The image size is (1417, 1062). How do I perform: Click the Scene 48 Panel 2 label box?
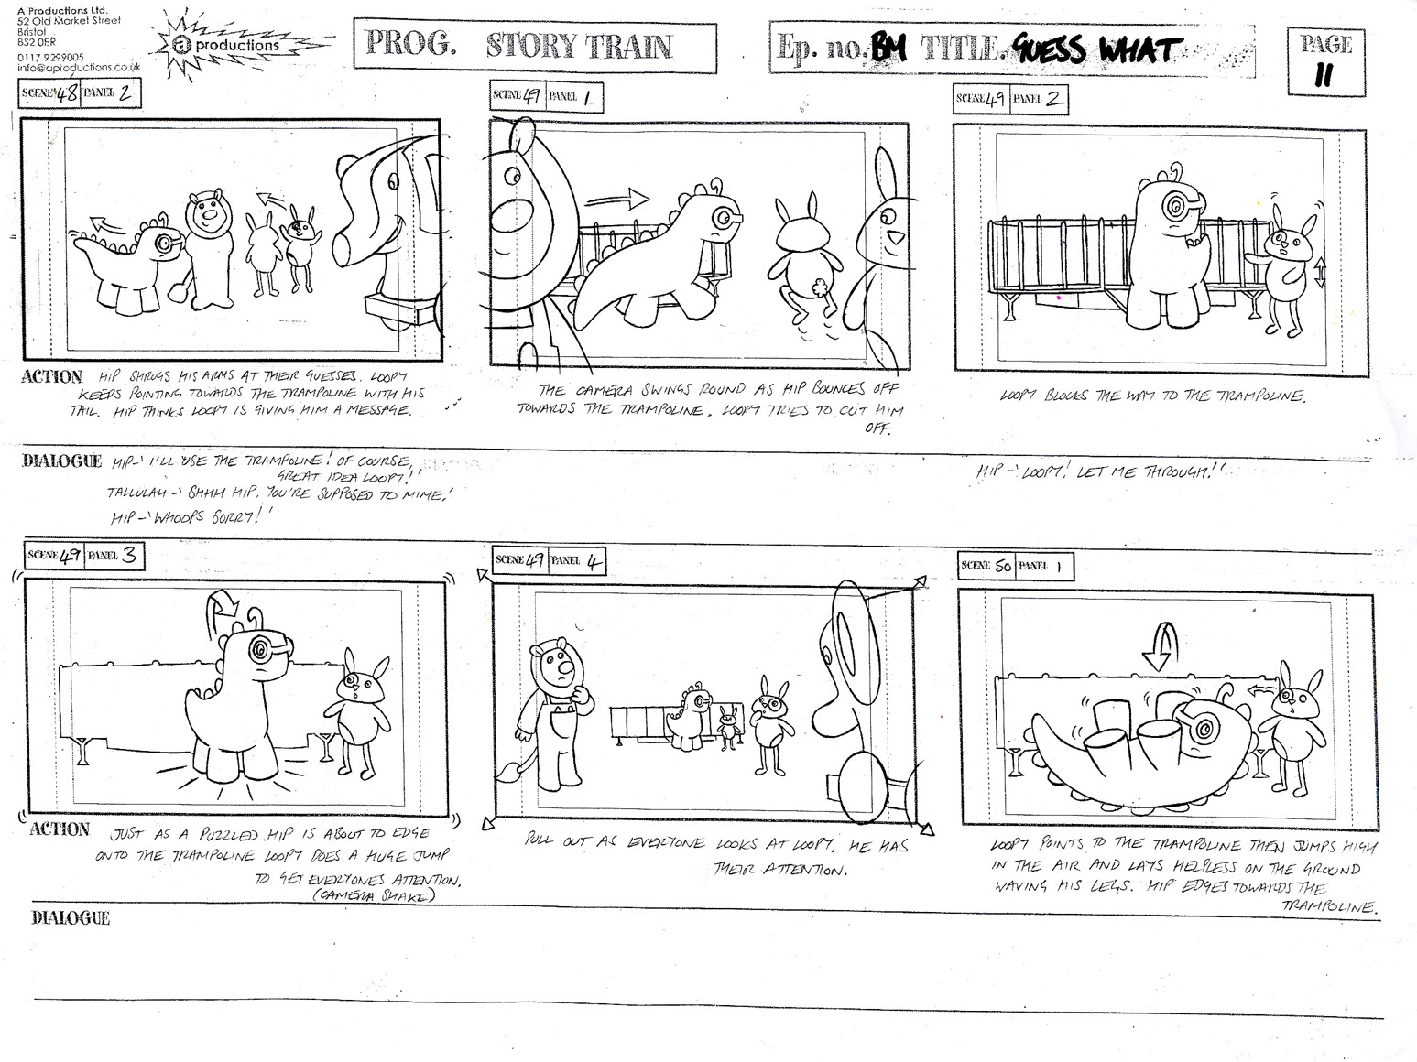pos(80,92)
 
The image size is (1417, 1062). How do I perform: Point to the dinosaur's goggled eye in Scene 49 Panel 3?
pos(261,651)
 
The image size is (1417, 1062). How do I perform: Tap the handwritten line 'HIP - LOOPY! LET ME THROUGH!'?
pos(1099,471)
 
